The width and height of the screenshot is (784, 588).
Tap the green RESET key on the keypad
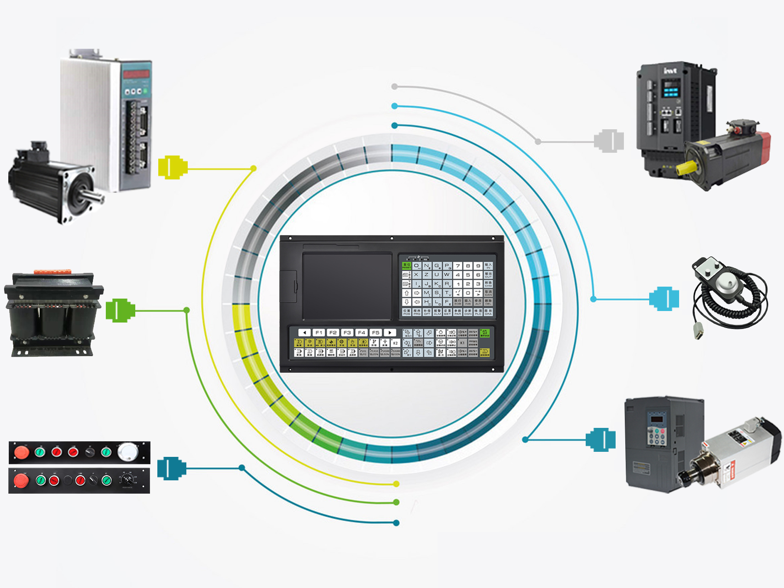[407, 266]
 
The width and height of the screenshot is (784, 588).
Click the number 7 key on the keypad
[458, 266]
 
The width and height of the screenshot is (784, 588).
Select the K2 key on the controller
[395, 343]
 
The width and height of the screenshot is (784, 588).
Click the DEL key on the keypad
[488, 302]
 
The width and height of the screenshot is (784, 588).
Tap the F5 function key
[375, 332]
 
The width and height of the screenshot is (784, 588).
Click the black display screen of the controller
[347, 286]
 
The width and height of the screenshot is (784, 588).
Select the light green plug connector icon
[120, 311]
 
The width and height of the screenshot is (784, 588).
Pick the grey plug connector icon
[609, 141]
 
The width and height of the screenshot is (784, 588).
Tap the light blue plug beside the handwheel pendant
[664, 299]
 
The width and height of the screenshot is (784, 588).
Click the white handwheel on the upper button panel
[128, 451]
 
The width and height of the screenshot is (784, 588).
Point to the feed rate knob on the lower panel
[127, 480]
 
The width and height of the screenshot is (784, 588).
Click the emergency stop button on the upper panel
[21, 452]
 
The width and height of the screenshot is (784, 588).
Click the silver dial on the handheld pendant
[726, 281]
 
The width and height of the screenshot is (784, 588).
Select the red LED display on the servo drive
[136, 74]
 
